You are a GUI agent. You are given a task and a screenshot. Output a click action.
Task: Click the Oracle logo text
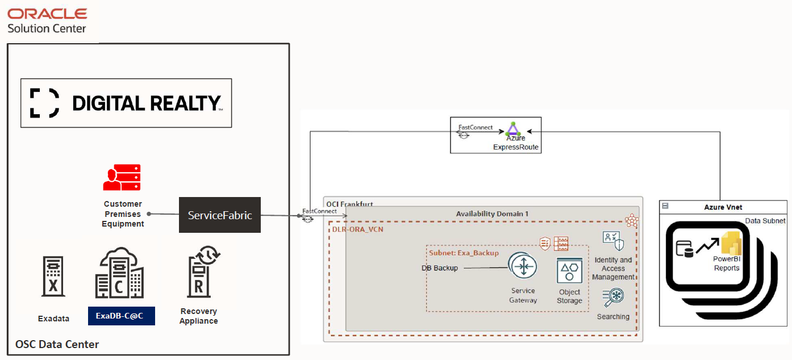47,13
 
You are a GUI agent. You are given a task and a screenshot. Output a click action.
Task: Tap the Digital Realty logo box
126,103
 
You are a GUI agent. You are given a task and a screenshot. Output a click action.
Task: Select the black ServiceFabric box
220,215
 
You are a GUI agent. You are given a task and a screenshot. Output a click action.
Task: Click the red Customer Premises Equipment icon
122,178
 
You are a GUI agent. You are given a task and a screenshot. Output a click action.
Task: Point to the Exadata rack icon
53,277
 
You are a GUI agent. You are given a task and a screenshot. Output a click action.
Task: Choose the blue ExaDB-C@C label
122,316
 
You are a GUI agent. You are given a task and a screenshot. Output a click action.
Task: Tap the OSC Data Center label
57,344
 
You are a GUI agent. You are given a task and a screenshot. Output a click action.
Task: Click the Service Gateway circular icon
523,267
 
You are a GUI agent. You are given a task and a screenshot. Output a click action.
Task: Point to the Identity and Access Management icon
613,241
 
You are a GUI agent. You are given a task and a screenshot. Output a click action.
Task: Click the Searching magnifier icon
613,298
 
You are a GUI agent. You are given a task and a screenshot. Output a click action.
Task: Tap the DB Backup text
439,268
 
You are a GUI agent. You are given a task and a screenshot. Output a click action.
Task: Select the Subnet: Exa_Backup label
464,253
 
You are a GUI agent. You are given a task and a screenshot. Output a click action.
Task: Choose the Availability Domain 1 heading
492,214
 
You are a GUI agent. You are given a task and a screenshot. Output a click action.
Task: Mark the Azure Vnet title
723,207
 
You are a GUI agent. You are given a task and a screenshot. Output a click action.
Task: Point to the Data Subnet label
765,220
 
